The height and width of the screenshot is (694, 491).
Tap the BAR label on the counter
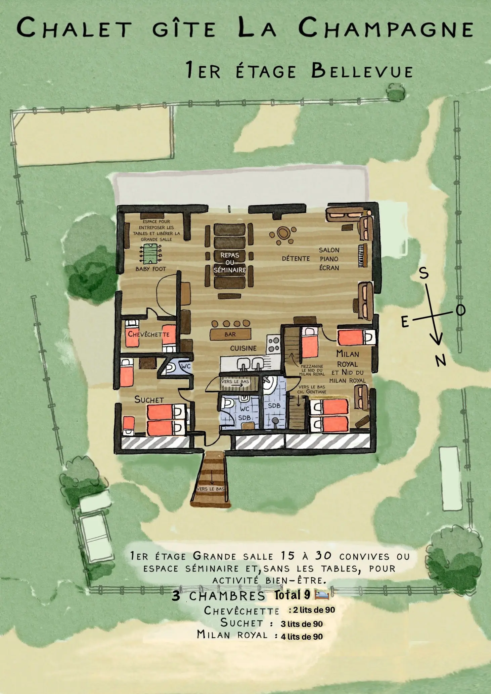(230, 334)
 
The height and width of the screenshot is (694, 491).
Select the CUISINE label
(243, 349)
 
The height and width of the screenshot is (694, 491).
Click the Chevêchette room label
(148, 334)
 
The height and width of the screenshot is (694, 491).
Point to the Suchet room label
(149, 399)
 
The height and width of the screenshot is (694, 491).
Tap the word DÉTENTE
(296, 258)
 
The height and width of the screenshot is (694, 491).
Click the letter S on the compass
(424, 274)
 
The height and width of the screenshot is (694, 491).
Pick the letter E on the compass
(405, 322)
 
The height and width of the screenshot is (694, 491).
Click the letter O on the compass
(460, 310)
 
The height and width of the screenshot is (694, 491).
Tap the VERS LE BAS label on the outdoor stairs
(211, 489)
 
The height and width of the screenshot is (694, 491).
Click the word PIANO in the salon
(329, 259)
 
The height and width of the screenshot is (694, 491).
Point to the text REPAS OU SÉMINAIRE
(230, 262)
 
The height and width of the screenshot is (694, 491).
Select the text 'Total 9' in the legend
(292, 595)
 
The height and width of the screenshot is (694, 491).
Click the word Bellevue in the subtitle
(362, 71)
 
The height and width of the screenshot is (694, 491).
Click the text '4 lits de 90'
(302, 636)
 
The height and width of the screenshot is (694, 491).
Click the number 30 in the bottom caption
(323, 556)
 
